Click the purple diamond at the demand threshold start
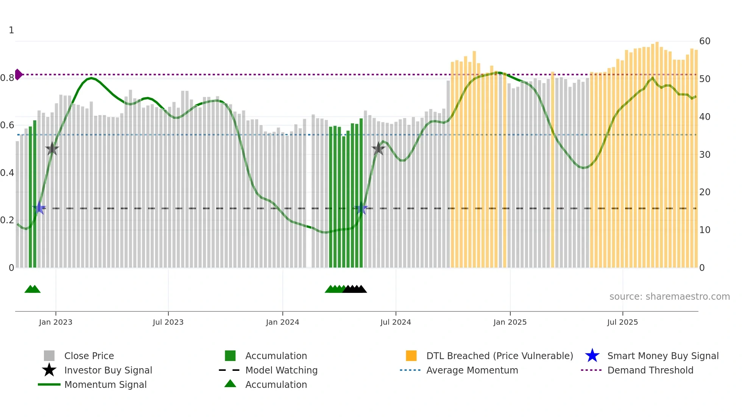click(18, 75)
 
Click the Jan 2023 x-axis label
click(55, 322)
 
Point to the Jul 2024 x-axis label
click(396, 322)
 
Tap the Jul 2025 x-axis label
click(622, 322)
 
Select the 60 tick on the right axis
click(705, 41)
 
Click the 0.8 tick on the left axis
click(8, 78)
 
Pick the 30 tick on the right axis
click(705, 154)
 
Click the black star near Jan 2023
click(52, 149)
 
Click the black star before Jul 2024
click(378, 149)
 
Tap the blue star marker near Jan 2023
click(39, 208)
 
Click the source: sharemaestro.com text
click(669, 296)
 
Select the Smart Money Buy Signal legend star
click(592, 356)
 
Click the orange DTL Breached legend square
click(411, 356)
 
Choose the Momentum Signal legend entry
click(105, 384)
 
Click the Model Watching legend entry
click(281, 370)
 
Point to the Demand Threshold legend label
click(650, 370)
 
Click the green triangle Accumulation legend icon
click(230, 384)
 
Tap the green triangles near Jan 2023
click(33, 289)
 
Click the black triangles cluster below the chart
click(355, 289)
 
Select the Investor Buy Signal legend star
click(49, 370)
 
